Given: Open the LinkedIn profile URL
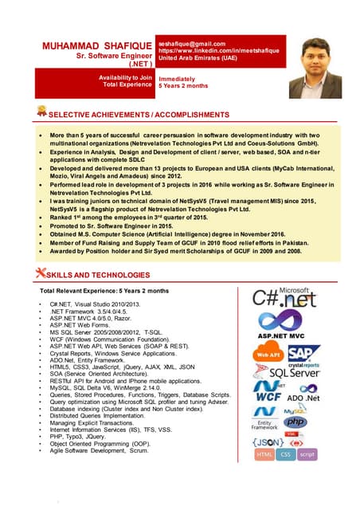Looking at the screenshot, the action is tap(219, 51).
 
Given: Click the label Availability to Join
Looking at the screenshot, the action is tap(125, 76).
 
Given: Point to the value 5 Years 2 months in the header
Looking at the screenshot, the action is tap(184, 84).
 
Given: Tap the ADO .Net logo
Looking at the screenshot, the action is tap(303, 396).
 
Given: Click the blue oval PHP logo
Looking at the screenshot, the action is tap(295, 421).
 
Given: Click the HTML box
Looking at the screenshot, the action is tap(264, 454).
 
